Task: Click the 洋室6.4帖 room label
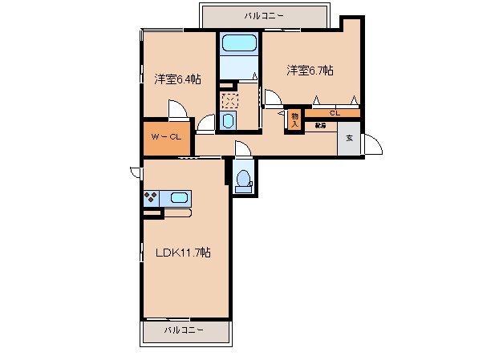[x=177, y=79]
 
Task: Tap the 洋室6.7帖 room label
[x=310, y=71]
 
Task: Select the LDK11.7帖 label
[x=183, y=252]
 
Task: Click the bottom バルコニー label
[x=185, y=330]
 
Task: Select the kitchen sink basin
[x=179, y=197]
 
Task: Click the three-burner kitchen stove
[x=151, y=197]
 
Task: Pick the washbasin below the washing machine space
[x=227, y=121]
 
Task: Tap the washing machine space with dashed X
[x=230, y=100]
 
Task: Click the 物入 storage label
[x=294, y=119]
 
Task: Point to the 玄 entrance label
[x=349, y=138]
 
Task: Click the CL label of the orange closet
[x=334, y=113]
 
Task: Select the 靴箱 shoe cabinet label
[x=319, y=125]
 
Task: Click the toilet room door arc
[x=242, y=149]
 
